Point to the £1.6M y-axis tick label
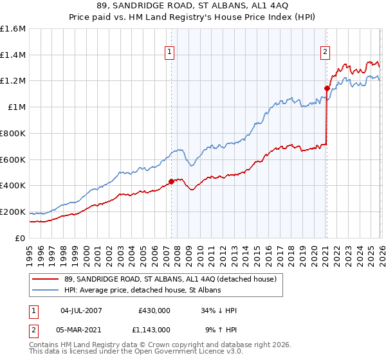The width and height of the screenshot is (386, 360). (13, 29)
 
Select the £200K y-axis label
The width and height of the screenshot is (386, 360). (13, 212)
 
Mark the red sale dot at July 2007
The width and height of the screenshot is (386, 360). (171, 182)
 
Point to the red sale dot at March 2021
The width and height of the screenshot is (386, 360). (327, 88)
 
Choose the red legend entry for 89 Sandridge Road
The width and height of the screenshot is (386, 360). (170, 279)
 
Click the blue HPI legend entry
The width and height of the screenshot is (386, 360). (143, 290)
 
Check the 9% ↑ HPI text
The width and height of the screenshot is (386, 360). (220, 329)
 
